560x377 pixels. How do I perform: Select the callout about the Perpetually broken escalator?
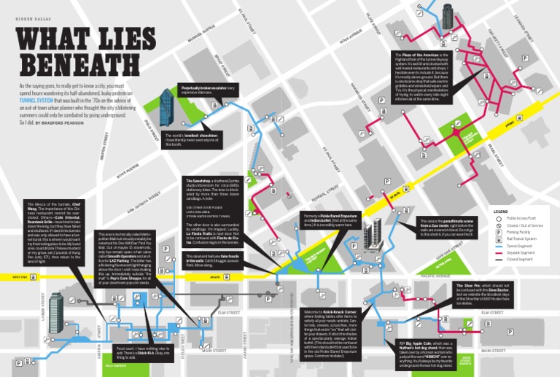pos(209,90)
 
